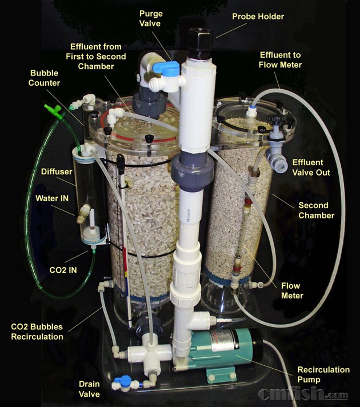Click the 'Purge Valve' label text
[151, 18]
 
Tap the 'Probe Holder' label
[258, 17]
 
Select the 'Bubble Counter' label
[44, 78]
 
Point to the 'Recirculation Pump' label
[323, 374]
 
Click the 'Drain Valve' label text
[89, 389]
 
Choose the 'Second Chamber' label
[316, 210]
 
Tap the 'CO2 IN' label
[63, 270]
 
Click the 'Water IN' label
[52, 198]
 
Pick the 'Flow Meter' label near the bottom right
[292, 291]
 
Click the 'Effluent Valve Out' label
[311, 167]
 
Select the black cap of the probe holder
[200, 43]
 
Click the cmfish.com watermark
[303, 393]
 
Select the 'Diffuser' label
[57, 171]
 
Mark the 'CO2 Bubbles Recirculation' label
[37, 332]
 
